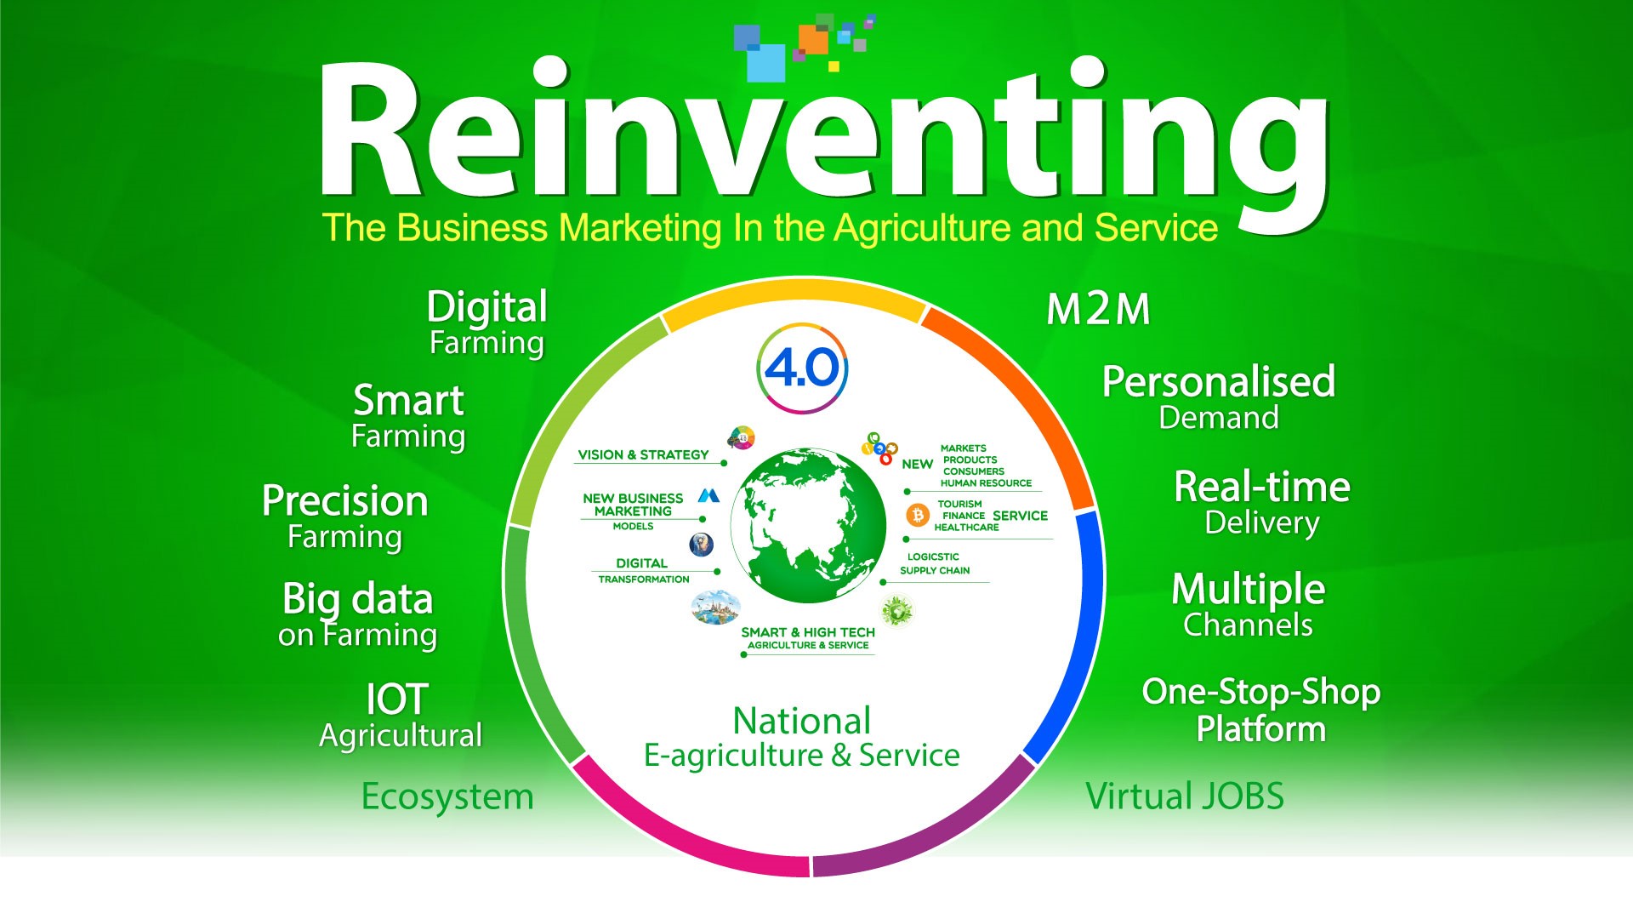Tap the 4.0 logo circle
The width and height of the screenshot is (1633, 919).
tap(802, 368)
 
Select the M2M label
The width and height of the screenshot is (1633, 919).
tap(1098, 310)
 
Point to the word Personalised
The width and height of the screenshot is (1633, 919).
tap(1219, 382)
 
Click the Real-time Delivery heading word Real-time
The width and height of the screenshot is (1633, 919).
tap(1262, 487)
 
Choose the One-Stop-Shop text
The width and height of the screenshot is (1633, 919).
tap(1261, 693)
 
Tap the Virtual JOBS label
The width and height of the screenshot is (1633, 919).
tap(1185, 796)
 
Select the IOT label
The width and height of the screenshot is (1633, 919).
tap(396, 699)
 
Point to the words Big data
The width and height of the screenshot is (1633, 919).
tap(358, 600)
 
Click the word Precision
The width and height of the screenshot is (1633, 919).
tap(344, 500)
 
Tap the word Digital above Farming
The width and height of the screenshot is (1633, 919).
tap(486, 308)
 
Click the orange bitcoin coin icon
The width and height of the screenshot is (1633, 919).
tap(918, 516)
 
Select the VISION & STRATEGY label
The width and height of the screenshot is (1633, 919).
tap(643, 455)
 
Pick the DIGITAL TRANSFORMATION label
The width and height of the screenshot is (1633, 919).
tap(643, 571)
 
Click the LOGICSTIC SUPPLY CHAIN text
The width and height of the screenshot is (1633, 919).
tap(935, 563)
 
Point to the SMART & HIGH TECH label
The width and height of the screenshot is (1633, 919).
tap(808, 632)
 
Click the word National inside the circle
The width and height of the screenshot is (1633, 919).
tap(802, 722)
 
